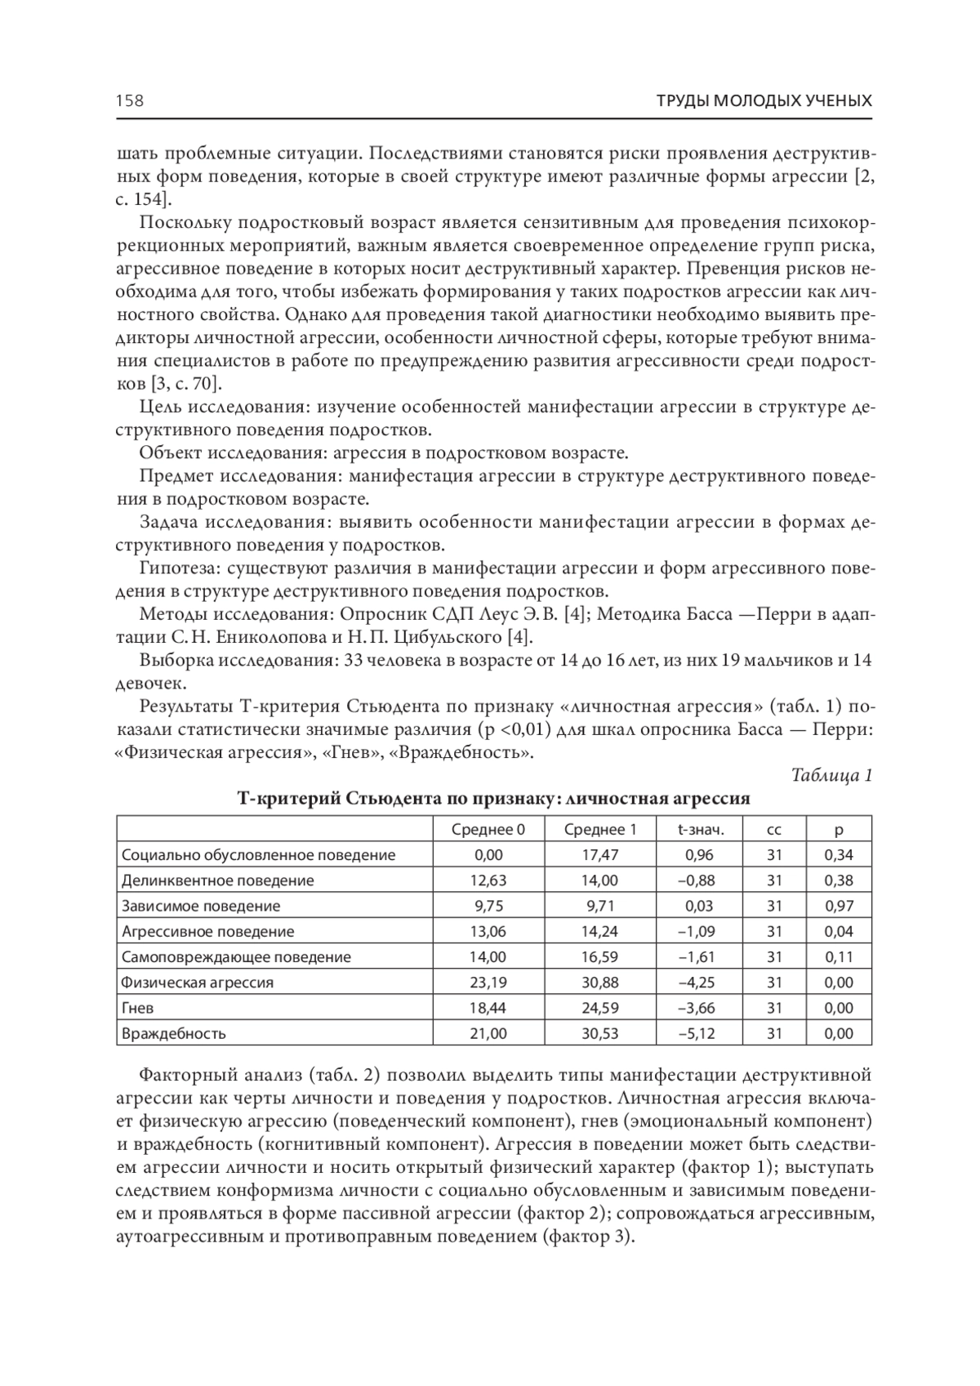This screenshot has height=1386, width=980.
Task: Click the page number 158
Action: [x=129, y=100]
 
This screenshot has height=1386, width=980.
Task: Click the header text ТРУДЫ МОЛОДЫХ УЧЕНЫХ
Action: [x=764, y=100]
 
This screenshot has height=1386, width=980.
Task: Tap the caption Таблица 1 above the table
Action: [x=832, y=775]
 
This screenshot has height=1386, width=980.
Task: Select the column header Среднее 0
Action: [x=488, y=830]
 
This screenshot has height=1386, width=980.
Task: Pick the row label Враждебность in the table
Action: [x=173, y=1033]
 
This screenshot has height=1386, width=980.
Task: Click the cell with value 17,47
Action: [x=600, y=855]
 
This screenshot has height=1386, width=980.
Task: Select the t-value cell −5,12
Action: [x=697, y=1033]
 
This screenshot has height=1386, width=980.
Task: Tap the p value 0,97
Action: [x=839, y=906]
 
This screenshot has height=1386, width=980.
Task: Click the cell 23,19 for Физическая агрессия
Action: [x=488, y=983]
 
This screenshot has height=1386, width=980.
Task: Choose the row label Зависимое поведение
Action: [x=201, y=906]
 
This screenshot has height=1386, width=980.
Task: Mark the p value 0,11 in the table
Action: [x=839, y=957]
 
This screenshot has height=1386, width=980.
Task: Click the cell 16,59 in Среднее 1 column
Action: [x=600, y=957]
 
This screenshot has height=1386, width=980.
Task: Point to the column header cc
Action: [x=774, y=830]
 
